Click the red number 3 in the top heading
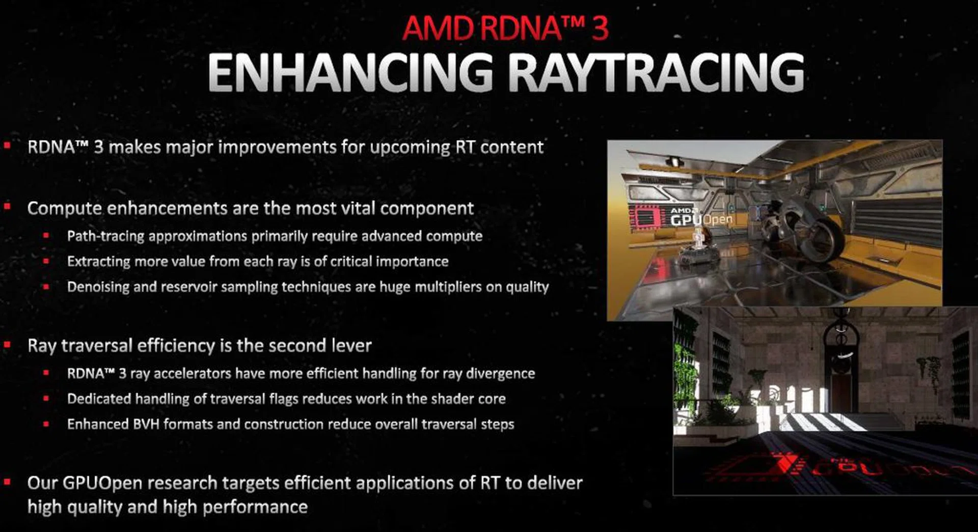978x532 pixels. point(600,28)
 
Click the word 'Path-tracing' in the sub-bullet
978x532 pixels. point(105,236)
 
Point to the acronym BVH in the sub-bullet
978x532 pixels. point(146,424)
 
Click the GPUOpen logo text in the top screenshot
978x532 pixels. point(701,219)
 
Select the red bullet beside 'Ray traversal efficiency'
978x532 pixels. point(7,345)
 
